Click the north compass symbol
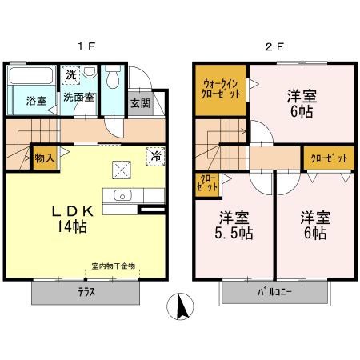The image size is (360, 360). point(180,306)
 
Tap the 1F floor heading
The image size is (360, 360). point(86,47)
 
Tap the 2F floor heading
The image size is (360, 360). point(274,47)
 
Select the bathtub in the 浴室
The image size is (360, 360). point(31,76)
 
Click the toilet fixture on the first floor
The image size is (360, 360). point(113,76)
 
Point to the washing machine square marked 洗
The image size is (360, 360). point(70,75)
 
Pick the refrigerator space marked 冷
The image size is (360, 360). point(155,157)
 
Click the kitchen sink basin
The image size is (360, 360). point(122,195)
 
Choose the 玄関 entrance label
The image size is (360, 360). point(141,103)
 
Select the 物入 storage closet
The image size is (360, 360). point(45,158)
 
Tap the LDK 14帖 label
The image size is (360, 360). point(72,219)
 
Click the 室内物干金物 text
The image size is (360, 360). point(114,266)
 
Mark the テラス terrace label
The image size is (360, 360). point(86,292)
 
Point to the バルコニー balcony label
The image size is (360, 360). point(274,292)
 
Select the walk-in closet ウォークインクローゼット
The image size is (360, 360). point(221,90)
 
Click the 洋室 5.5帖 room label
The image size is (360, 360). point(234,226)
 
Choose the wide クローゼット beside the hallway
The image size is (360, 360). point(329,158)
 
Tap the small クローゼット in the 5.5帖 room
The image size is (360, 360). point(207,185)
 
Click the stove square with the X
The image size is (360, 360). point(122,170)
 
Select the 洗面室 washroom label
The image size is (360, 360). point(78,98)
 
